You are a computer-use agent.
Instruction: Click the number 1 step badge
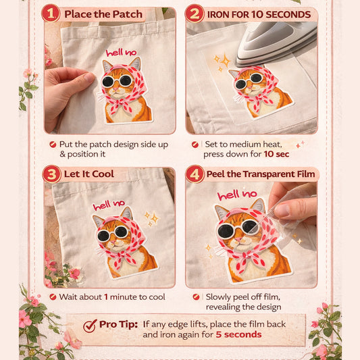pyautogui.click(x=51, y=14)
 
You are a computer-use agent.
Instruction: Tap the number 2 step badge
pyautogui.click(x=195, y=14)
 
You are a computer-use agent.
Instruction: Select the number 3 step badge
pyautogui.click(x=51, y=174)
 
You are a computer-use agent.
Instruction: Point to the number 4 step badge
pyautogui.click(x=195, y=174)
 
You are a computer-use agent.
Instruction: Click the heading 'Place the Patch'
pyautogui.click(x=103, y=14)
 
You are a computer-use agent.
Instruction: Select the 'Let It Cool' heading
pyautogui.click(x=89, y=174)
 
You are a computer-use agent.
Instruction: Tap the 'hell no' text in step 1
pyautogui.click(x=120, y=53)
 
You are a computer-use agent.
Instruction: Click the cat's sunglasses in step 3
pyautogui.click(x=113, y=233)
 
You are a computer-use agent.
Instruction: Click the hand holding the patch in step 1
pyautogui.click(x=68, y=88)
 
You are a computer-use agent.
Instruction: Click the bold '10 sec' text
pyautogui.click(x=277, y=153)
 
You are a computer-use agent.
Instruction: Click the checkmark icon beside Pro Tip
pyautogui.click(x=90, y=326)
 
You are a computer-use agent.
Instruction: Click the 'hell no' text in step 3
pyautogui.click(x=109, y=205)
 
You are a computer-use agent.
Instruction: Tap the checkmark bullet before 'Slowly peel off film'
pyautogui.click(x=196, y=297)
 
